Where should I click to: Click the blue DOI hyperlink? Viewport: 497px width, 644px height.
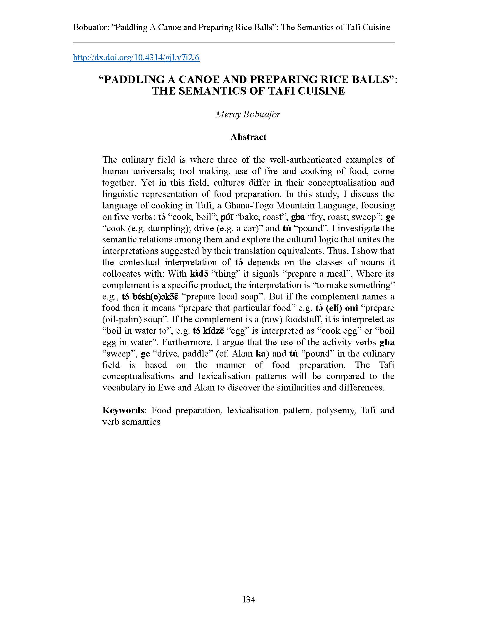coord(136,57)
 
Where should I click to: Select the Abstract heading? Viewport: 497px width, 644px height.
coord(248,137)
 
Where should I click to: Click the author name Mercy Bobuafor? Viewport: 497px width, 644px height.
coord(248,114)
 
